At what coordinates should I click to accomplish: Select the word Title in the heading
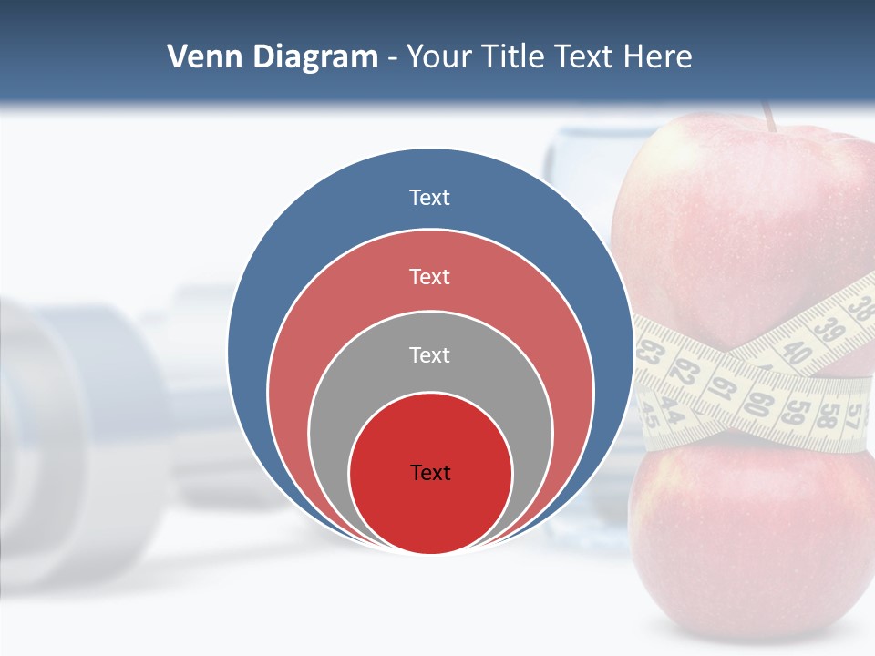[x=515, y=57]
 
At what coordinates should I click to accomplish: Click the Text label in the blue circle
[x=429, y=198]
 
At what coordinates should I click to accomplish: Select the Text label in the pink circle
[x=429, y=276]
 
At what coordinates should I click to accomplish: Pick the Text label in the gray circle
[x=429, y=354]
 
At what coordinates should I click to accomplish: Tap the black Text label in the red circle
[x=430, y=472]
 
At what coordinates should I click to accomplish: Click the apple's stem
[x=769, y=116]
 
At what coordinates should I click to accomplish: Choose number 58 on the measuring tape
[x=828, y=414]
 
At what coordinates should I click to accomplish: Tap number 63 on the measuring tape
[x=649, y=354]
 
